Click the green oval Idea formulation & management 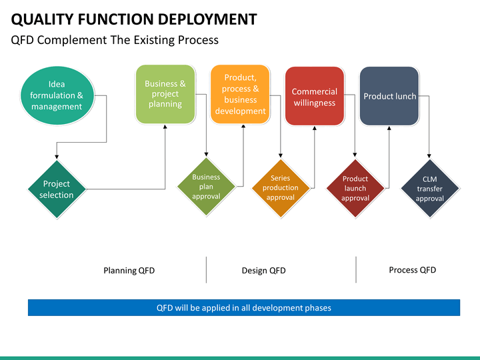(x=57, y=95)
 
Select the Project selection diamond (x=57, y=189)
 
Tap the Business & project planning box (x=165, y=94)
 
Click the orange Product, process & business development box (x=240, y=94)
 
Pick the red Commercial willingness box (x=315, y=96)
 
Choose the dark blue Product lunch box (x=389, y=96)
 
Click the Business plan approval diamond (x=206, y=187)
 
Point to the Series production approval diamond (x=281, y=188)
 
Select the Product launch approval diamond (x=355, y=188)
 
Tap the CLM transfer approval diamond (x=430, y=189)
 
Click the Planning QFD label (x=129, y=271)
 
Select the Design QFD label (x=263, y=271)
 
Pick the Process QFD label (x=413, y=270)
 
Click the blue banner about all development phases (x=244, y=307)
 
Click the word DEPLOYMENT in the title (x=207, y=19)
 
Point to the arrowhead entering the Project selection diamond (x=57, y=157)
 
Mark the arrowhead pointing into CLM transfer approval (x=429, y=156)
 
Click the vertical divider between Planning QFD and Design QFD (x=206, y=270)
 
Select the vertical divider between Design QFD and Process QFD (x=356, y=270)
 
